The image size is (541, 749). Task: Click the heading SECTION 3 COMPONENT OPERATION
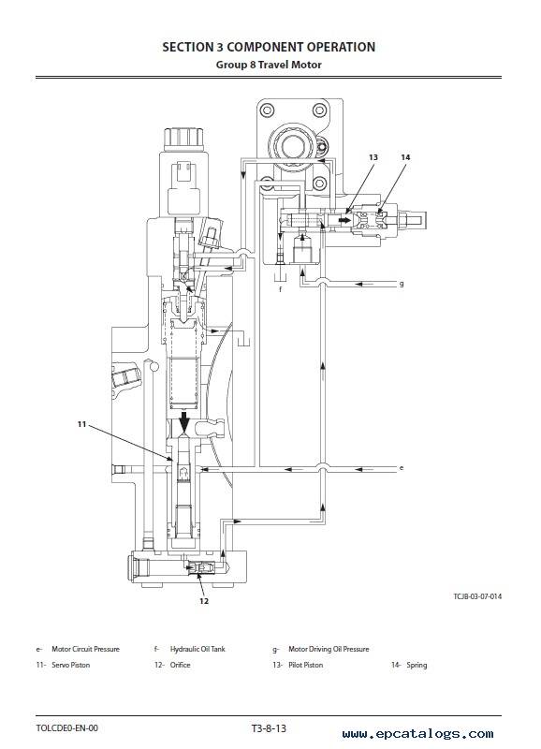tap(269, 47)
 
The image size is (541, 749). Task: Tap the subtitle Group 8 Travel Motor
tap(269, 65)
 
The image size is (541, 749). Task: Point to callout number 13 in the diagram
tap(373, 157)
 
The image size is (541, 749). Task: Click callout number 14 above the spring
tap(405, 157)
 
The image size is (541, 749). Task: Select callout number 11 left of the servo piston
tap(81, 424)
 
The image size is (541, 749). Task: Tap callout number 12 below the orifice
tap(204, 601)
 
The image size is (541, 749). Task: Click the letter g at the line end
tap(402, 284)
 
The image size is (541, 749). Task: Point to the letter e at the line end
tap(402, 467)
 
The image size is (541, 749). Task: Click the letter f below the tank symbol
tap(280, 289)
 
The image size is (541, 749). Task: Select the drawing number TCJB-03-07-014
tap(477, 596)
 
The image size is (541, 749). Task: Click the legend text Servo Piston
tap(71, 665)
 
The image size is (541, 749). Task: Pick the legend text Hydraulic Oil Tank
tap(197, 649)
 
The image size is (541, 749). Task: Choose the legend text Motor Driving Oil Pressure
tap(329, 649)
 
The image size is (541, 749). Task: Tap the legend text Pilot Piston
tap(305, 665)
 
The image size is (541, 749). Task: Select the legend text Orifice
tap(180, 665)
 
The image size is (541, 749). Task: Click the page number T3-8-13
tap(269, 728)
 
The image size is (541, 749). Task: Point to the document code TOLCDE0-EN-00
tap(66, 728)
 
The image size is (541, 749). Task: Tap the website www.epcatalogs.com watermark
tap(417, 734)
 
